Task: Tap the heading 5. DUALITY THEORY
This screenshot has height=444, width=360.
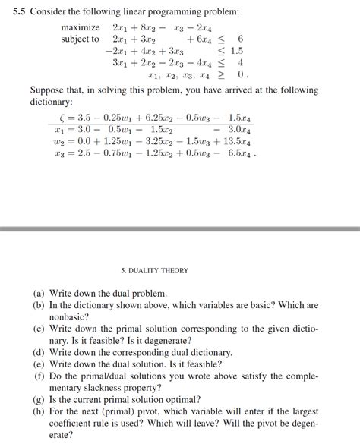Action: pos(154,270)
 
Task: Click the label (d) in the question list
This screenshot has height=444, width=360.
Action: pos(39,353)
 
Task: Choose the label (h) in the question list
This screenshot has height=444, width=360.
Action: pos(39,412)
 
